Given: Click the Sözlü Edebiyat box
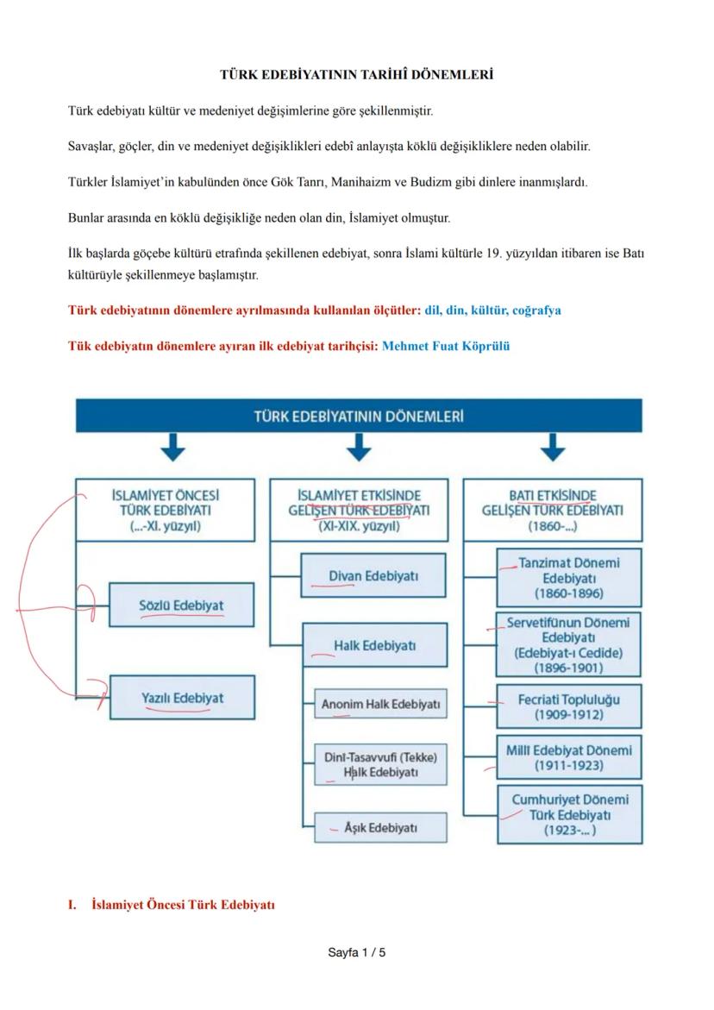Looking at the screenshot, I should coord(181,605).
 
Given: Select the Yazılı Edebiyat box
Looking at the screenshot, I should coord(182,698).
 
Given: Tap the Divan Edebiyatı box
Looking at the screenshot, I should coord(373,575).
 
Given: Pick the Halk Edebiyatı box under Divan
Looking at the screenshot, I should coord(374,645).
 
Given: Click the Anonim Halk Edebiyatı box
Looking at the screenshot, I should coord(380,704).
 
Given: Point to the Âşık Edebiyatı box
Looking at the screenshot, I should coord(380,827).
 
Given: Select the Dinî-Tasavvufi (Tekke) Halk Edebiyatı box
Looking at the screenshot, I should coord(380,764).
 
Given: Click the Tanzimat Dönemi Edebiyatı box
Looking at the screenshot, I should coord(568,578).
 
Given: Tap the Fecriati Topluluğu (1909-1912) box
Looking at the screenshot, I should coord(568,706).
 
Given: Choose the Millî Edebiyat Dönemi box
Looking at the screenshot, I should coord(568,757).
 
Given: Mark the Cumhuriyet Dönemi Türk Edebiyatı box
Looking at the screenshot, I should coord(570,814).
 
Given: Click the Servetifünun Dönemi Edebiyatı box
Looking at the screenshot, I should coord(568,644).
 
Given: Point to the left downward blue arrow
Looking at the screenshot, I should coord(174,448).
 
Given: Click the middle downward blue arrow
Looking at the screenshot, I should coord(359,448).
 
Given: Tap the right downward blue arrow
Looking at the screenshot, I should coord(552,448).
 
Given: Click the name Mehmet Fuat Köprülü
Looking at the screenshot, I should coord(446,346).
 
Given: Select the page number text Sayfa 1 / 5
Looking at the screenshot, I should coord(357,953).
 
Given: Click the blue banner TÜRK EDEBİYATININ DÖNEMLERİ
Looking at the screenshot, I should coord(359,416).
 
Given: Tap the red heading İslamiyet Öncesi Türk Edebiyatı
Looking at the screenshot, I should coord(183,905).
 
